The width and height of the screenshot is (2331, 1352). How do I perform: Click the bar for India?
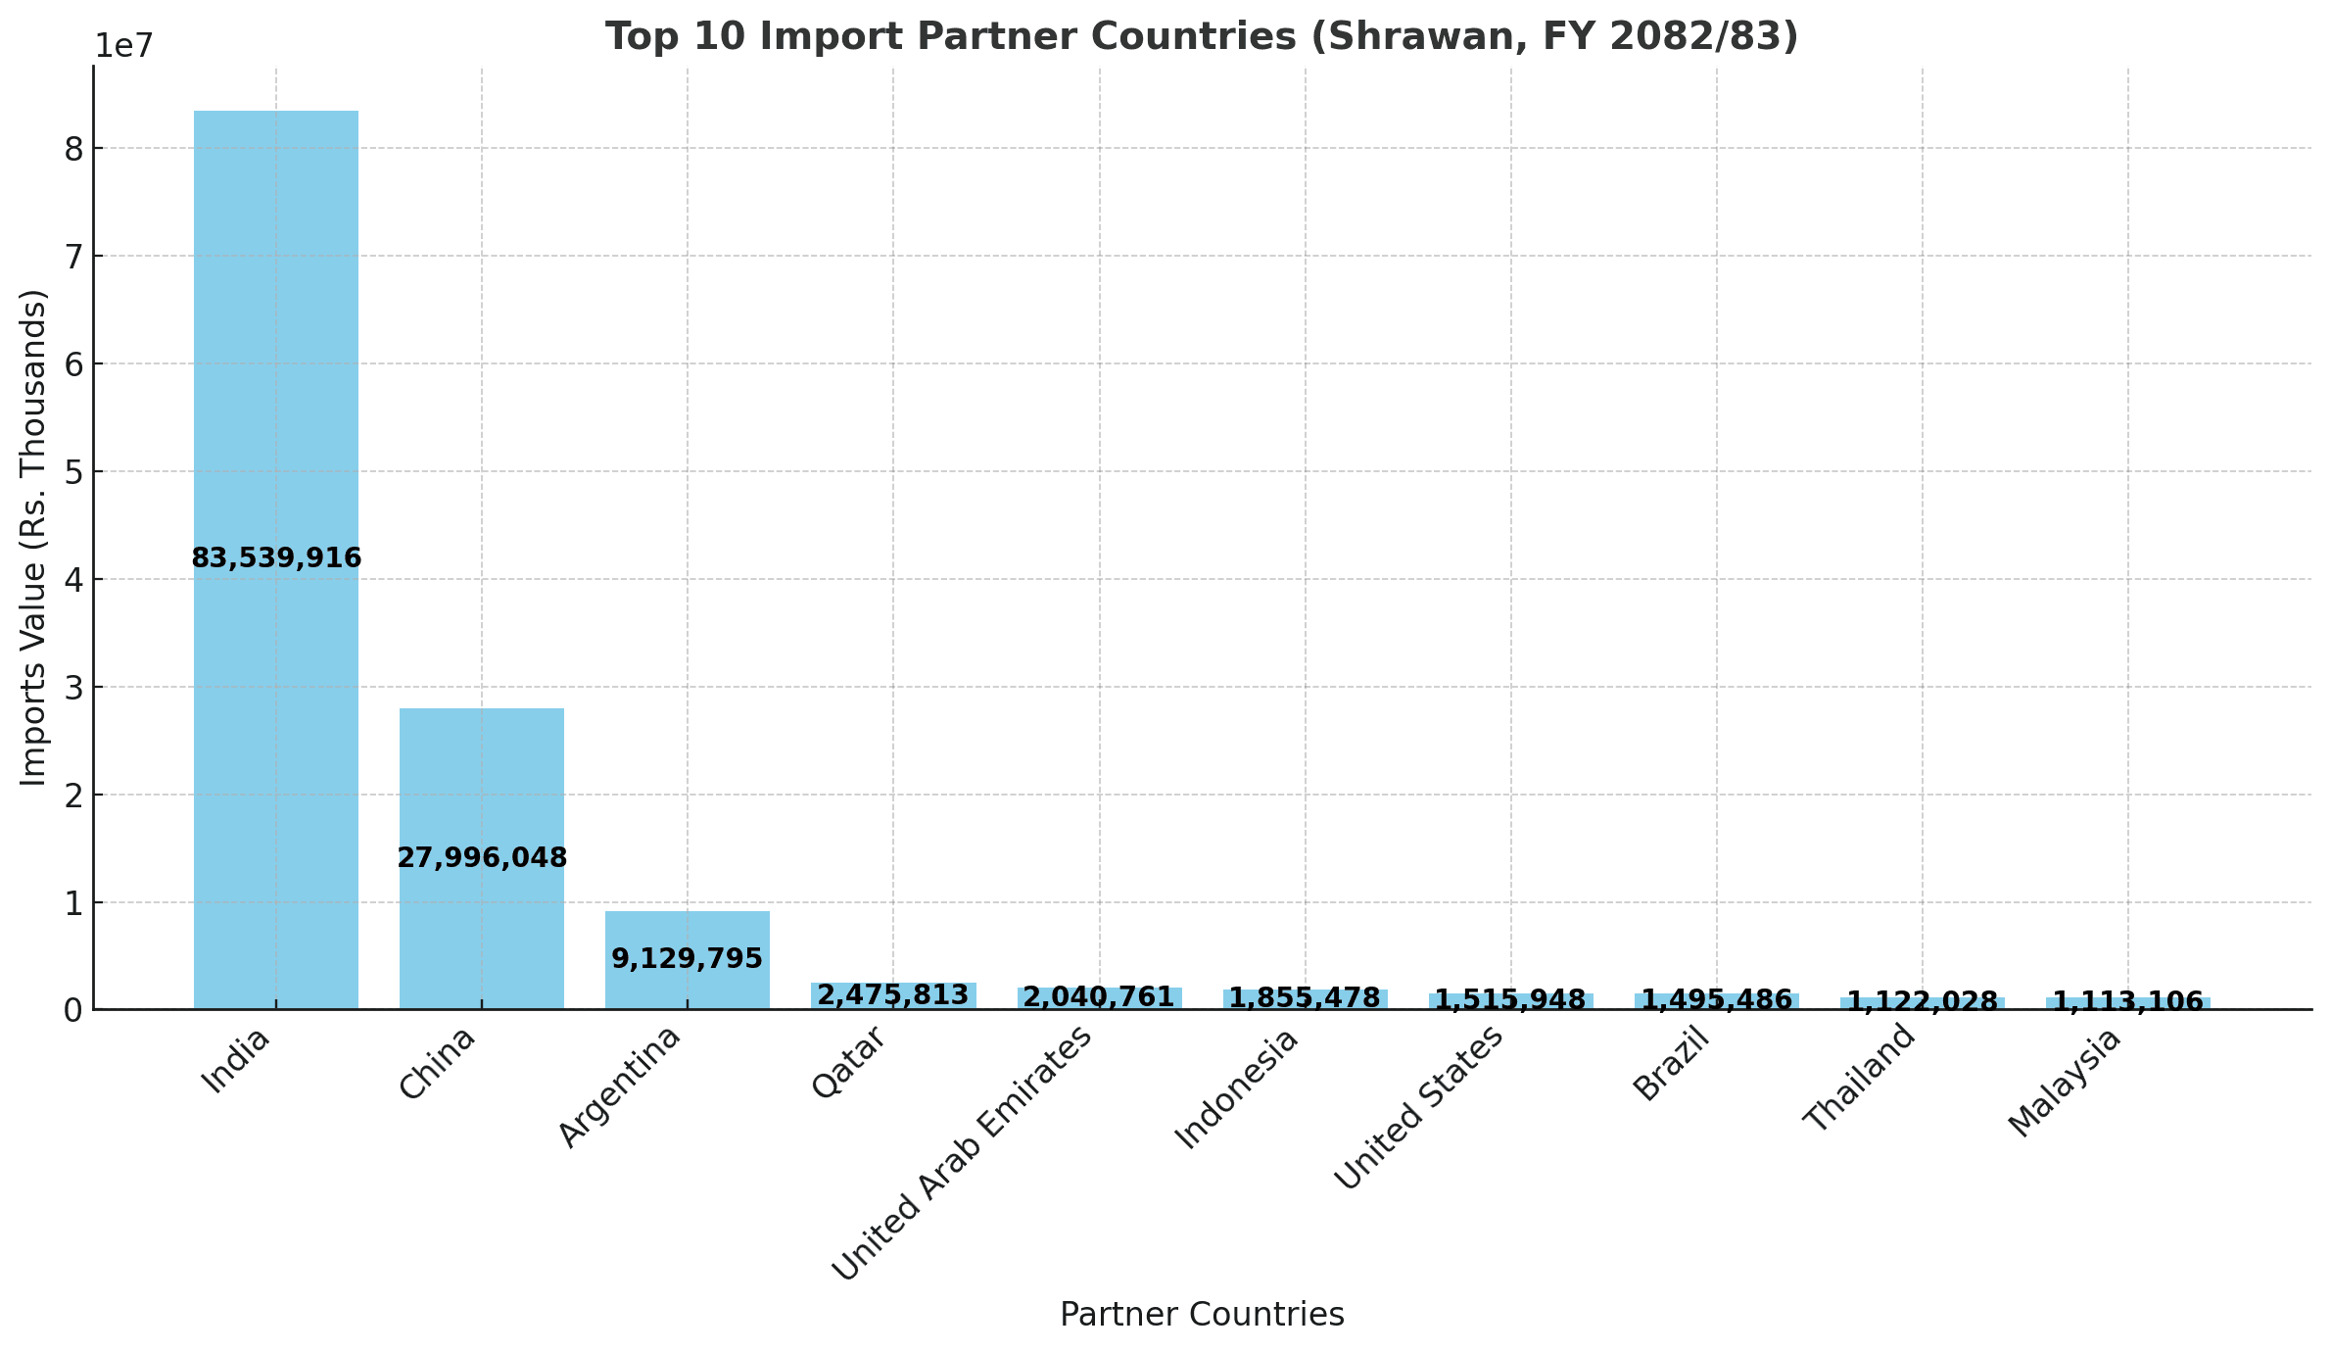pyautogui.click(x=275, y=343)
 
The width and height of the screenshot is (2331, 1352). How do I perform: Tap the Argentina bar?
pyautogui.click(x=687, y=931)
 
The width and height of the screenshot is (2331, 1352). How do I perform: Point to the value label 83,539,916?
pyautogui.click(x=276, y=558)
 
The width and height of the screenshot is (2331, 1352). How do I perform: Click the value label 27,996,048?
pyautogui.click(x=482, y=858)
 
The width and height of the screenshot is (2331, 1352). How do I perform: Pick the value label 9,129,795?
pyautogui.click(x=687, y=959)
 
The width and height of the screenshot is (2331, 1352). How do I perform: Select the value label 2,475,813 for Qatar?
pyautogui.click(x=892, y=995)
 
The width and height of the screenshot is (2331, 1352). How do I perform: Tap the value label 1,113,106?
pyautogui.click(x=2127, y=1002)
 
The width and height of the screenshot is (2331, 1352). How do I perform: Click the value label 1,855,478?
pyautogui.click(x=1305, y=998)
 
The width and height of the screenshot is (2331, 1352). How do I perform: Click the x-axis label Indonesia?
pyautogui.click(x=1236, y=1088)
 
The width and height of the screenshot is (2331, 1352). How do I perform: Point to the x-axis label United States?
pyautogui.click(x=1419, y=1108)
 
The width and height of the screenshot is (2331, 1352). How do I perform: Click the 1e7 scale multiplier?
pyautogui.click(x=124, y=45)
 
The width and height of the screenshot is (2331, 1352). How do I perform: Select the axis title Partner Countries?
pyautogui.click(x=1202, y=1315)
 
